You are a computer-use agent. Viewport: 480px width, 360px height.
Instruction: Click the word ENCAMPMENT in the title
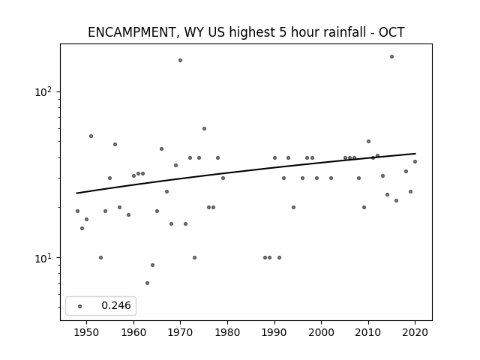click(131, 32)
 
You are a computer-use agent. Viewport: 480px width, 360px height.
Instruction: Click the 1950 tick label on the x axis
click(86, 332)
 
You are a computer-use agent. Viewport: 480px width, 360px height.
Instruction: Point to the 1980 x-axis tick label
click(227, 332)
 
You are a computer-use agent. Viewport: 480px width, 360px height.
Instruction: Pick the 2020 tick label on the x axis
click(415, 332)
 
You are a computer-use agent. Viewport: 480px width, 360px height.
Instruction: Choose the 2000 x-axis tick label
click(322, 332)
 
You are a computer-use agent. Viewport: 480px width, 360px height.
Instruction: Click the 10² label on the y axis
click(45, 91)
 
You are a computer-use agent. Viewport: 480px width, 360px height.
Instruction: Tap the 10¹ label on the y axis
click(45, 257)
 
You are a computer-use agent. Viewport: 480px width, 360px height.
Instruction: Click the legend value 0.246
click(116, 305)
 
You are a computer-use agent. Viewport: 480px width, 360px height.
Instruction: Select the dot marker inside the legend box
click(80, 306)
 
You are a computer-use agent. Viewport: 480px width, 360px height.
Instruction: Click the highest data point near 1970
click(180, 60)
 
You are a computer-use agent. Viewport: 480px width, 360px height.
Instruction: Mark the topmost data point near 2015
click(391, 57)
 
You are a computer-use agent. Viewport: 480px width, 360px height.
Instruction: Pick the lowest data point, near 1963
click(147, 283)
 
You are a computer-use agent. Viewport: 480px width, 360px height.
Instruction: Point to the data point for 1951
click(91, 136)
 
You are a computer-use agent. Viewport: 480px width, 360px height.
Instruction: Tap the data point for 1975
click(204, 128)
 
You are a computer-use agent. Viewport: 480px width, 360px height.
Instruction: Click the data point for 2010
click(368, 142)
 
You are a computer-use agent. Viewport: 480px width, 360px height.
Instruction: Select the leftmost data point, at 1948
click(77, 211)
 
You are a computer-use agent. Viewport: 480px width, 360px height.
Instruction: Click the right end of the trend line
click(415, 153)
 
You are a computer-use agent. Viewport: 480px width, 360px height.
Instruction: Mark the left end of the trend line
click(76, 193)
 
